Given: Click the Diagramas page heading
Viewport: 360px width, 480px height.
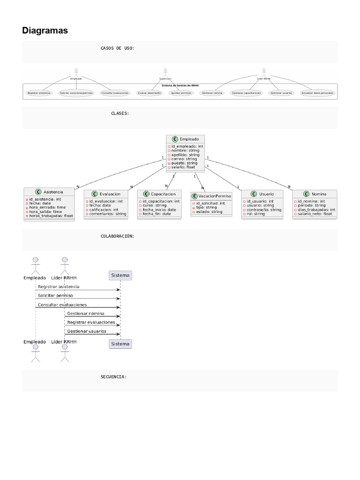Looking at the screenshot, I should [x=45, y=30].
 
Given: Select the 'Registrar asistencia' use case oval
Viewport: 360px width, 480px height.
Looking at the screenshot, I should [x=39, y=93].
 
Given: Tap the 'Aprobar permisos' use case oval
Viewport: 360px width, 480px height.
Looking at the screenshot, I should [x=181, y=93].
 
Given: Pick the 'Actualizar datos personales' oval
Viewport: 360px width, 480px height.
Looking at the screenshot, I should [x=318, y=93].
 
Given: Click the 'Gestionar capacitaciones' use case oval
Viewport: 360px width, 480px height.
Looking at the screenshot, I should [x=247, y=93].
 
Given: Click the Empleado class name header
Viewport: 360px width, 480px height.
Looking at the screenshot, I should [x=188, y=139].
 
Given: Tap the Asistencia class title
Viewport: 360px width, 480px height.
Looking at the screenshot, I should [x=52, y=192].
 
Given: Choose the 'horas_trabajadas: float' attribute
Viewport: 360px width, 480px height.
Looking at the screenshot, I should [x=51, y=216].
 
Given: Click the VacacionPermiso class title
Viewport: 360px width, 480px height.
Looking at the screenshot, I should [x=214, y=196].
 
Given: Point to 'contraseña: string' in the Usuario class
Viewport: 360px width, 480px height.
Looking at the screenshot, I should [x=263, y=210].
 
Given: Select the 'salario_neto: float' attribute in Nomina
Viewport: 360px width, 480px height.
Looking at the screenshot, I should [x=314, y=214].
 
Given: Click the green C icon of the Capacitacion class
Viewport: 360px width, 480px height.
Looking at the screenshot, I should [x=146, y=194].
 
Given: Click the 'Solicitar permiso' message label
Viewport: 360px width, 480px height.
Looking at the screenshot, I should [x=55, y=295].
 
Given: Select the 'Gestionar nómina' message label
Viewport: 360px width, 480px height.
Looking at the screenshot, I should [x=86, y=313].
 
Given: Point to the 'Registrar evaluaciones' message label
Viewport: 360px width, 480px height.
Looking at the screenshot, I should [x=91, y=322].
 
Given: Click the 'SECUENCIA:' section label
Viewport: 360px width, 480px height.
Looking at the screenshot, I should [x=113, y=376].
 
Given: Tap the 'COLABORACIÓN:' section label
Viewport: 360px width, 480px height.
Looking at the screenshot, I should [x=117, y=236].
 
